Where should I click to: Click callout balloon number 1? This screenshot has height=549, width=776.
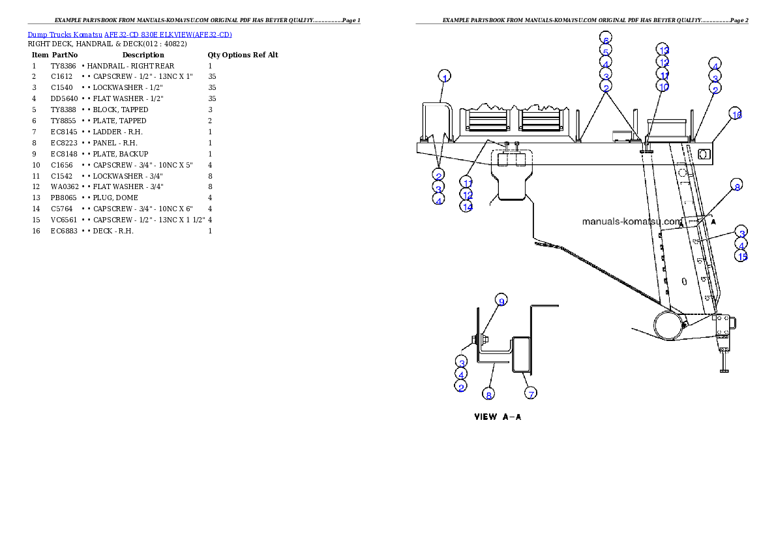pyautogui.click(x=444, y=76)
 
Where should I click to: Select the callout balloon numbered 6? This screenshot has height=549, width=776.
pyautogui.click(x=606, y=39)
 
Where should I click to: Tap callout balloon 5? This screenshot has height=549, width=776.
pyautogui.click(x=606, y=52)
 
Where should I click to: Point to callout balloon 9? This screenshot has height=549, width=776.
pyautogui.click(x=501, y=301)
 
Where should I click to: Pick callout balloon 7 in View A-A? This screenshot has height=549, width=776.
pyautogui.click(x=531, y=394)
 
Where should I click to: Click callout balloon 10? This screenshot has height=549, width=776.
pyautogui.click(x=663, y=87)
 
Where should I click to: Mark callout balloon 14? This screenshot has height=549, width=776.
pyautogui.click(x=466, y=206)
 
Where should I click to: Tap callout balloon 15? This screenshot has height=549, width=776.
pyautogui.click(x=741, y=256)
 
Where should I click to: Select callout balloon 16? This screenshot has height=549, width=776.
pyautogui.click(x=736, y=114)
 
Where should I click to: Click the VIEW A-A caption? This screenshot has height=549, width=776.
pyautogui.click(x=497, y=417)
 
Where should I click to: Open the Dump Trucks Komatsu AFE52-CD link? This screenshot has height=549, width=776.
pyautogui.click(x=130, y=35)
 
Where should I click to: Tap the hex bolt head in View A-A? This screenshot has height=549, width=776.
pyautogui.click(x=473, y=340)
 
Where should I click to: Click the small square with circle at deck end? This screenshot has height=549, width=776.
pyautogui.click(x=704, y=154)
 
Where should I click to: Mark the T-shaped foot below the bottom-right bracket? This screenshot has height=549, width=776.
pyautogui.click(x=723, y=362)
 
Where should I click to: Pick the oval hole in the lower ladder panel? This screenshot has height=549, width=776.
pyautogui.click(x=683, y=282)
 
